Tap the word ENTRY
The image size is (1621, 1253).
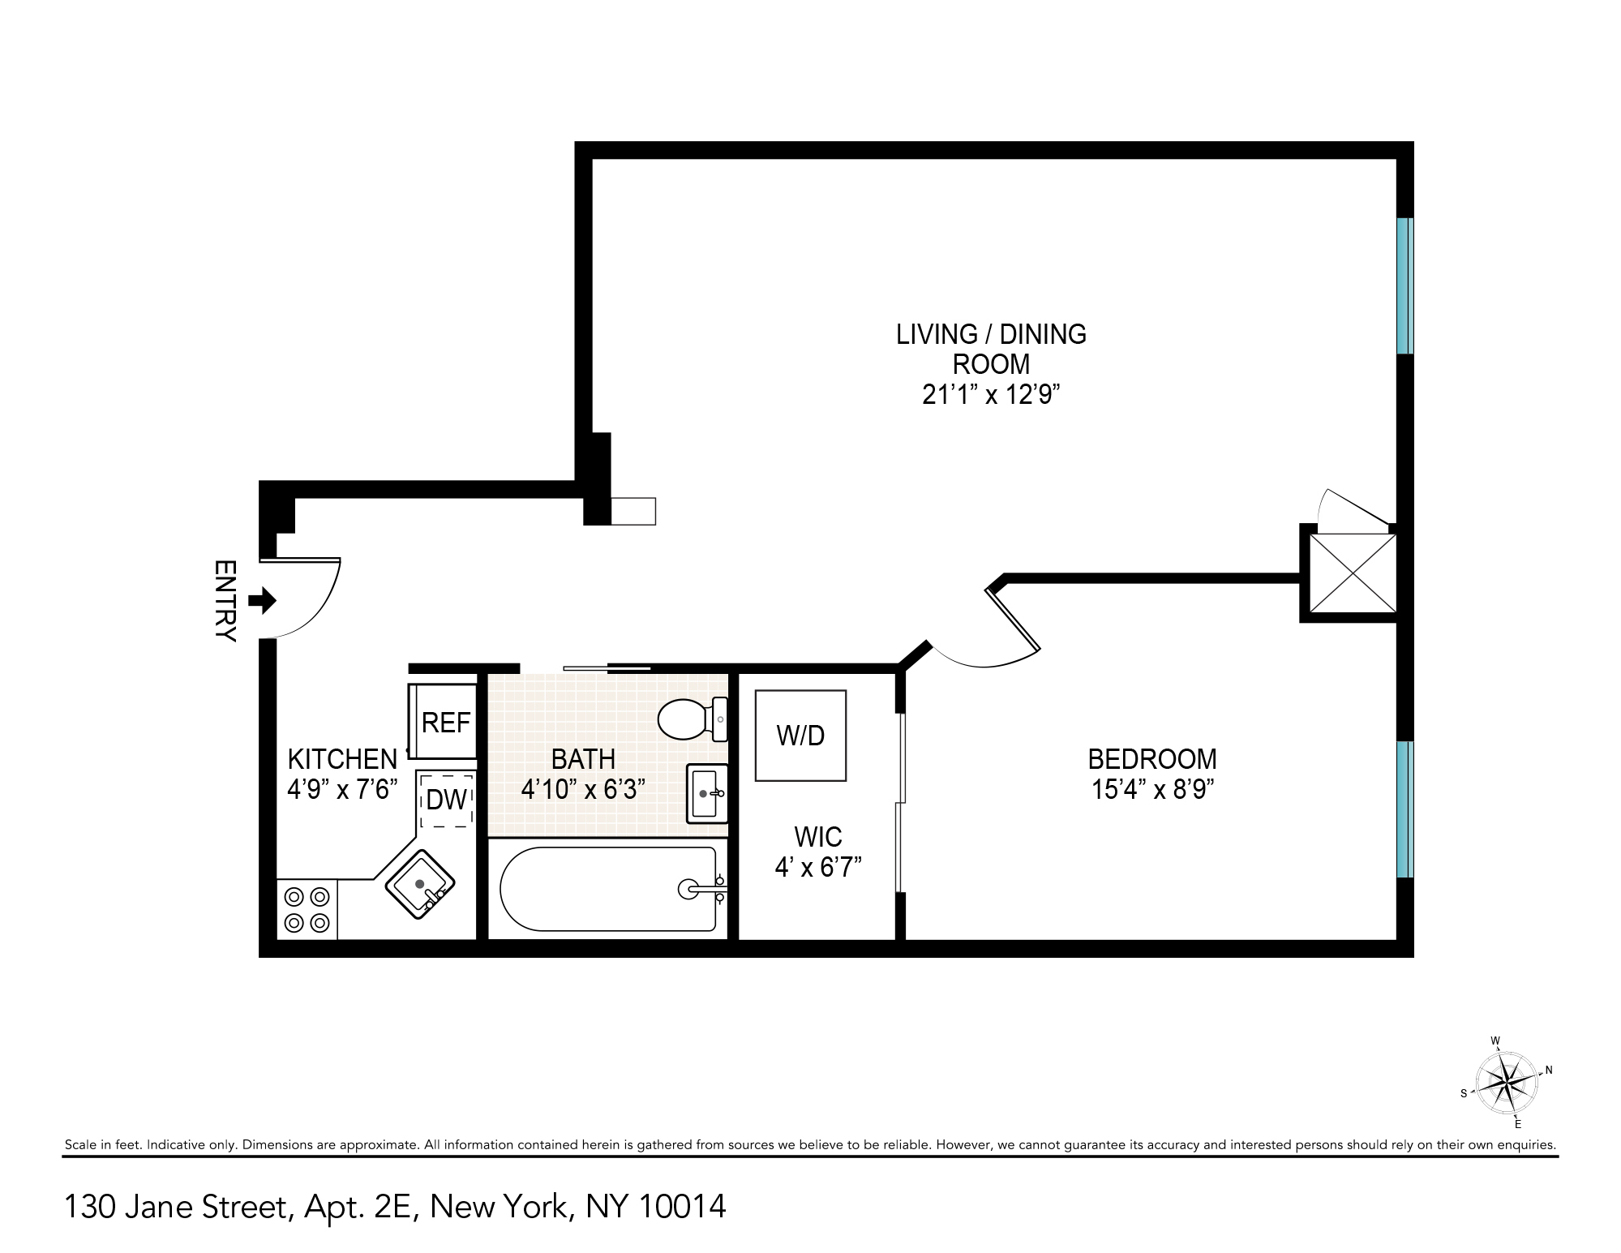pyautogui.click(x=225, y=600)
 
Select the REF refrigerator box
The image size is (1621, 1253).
pyautogui.click(x=445, y=722)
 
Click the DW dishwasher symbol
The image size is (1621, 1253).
pyautogui.click(x=446, y=800)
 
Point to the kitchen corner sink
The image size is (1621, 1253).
pyautogui.click(x=420, y=884)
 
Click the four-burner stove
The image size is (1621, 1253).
pyautogui.click(x=307, y=909)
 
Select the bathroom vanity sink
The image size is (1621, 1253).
pyautogui.click(x=706, y=793)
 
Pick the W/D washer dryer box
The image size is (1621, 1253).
pyautogui.click(x=800, y=736)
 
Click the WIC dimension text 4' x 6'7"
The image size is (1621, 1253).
pyautogui.click(x=817, y=868)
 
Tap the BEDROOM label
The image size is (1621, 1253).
pyautogui.click(x=1151, y=759)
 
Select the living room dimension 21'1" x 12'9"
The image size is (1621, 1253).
pyautogui.click(x=991, y=395)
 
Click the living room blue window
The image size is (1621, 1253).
pyautogui.click(x=1404, y=285)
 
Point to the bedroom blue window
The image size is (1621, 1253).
pyautogui.click(x=1404, y=809)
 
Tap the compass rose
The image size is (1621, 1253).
pyautogui.click(x=1506, y=1083)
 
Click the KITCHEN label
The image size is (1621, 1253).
pyautogui.click(x=342, y=759)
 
